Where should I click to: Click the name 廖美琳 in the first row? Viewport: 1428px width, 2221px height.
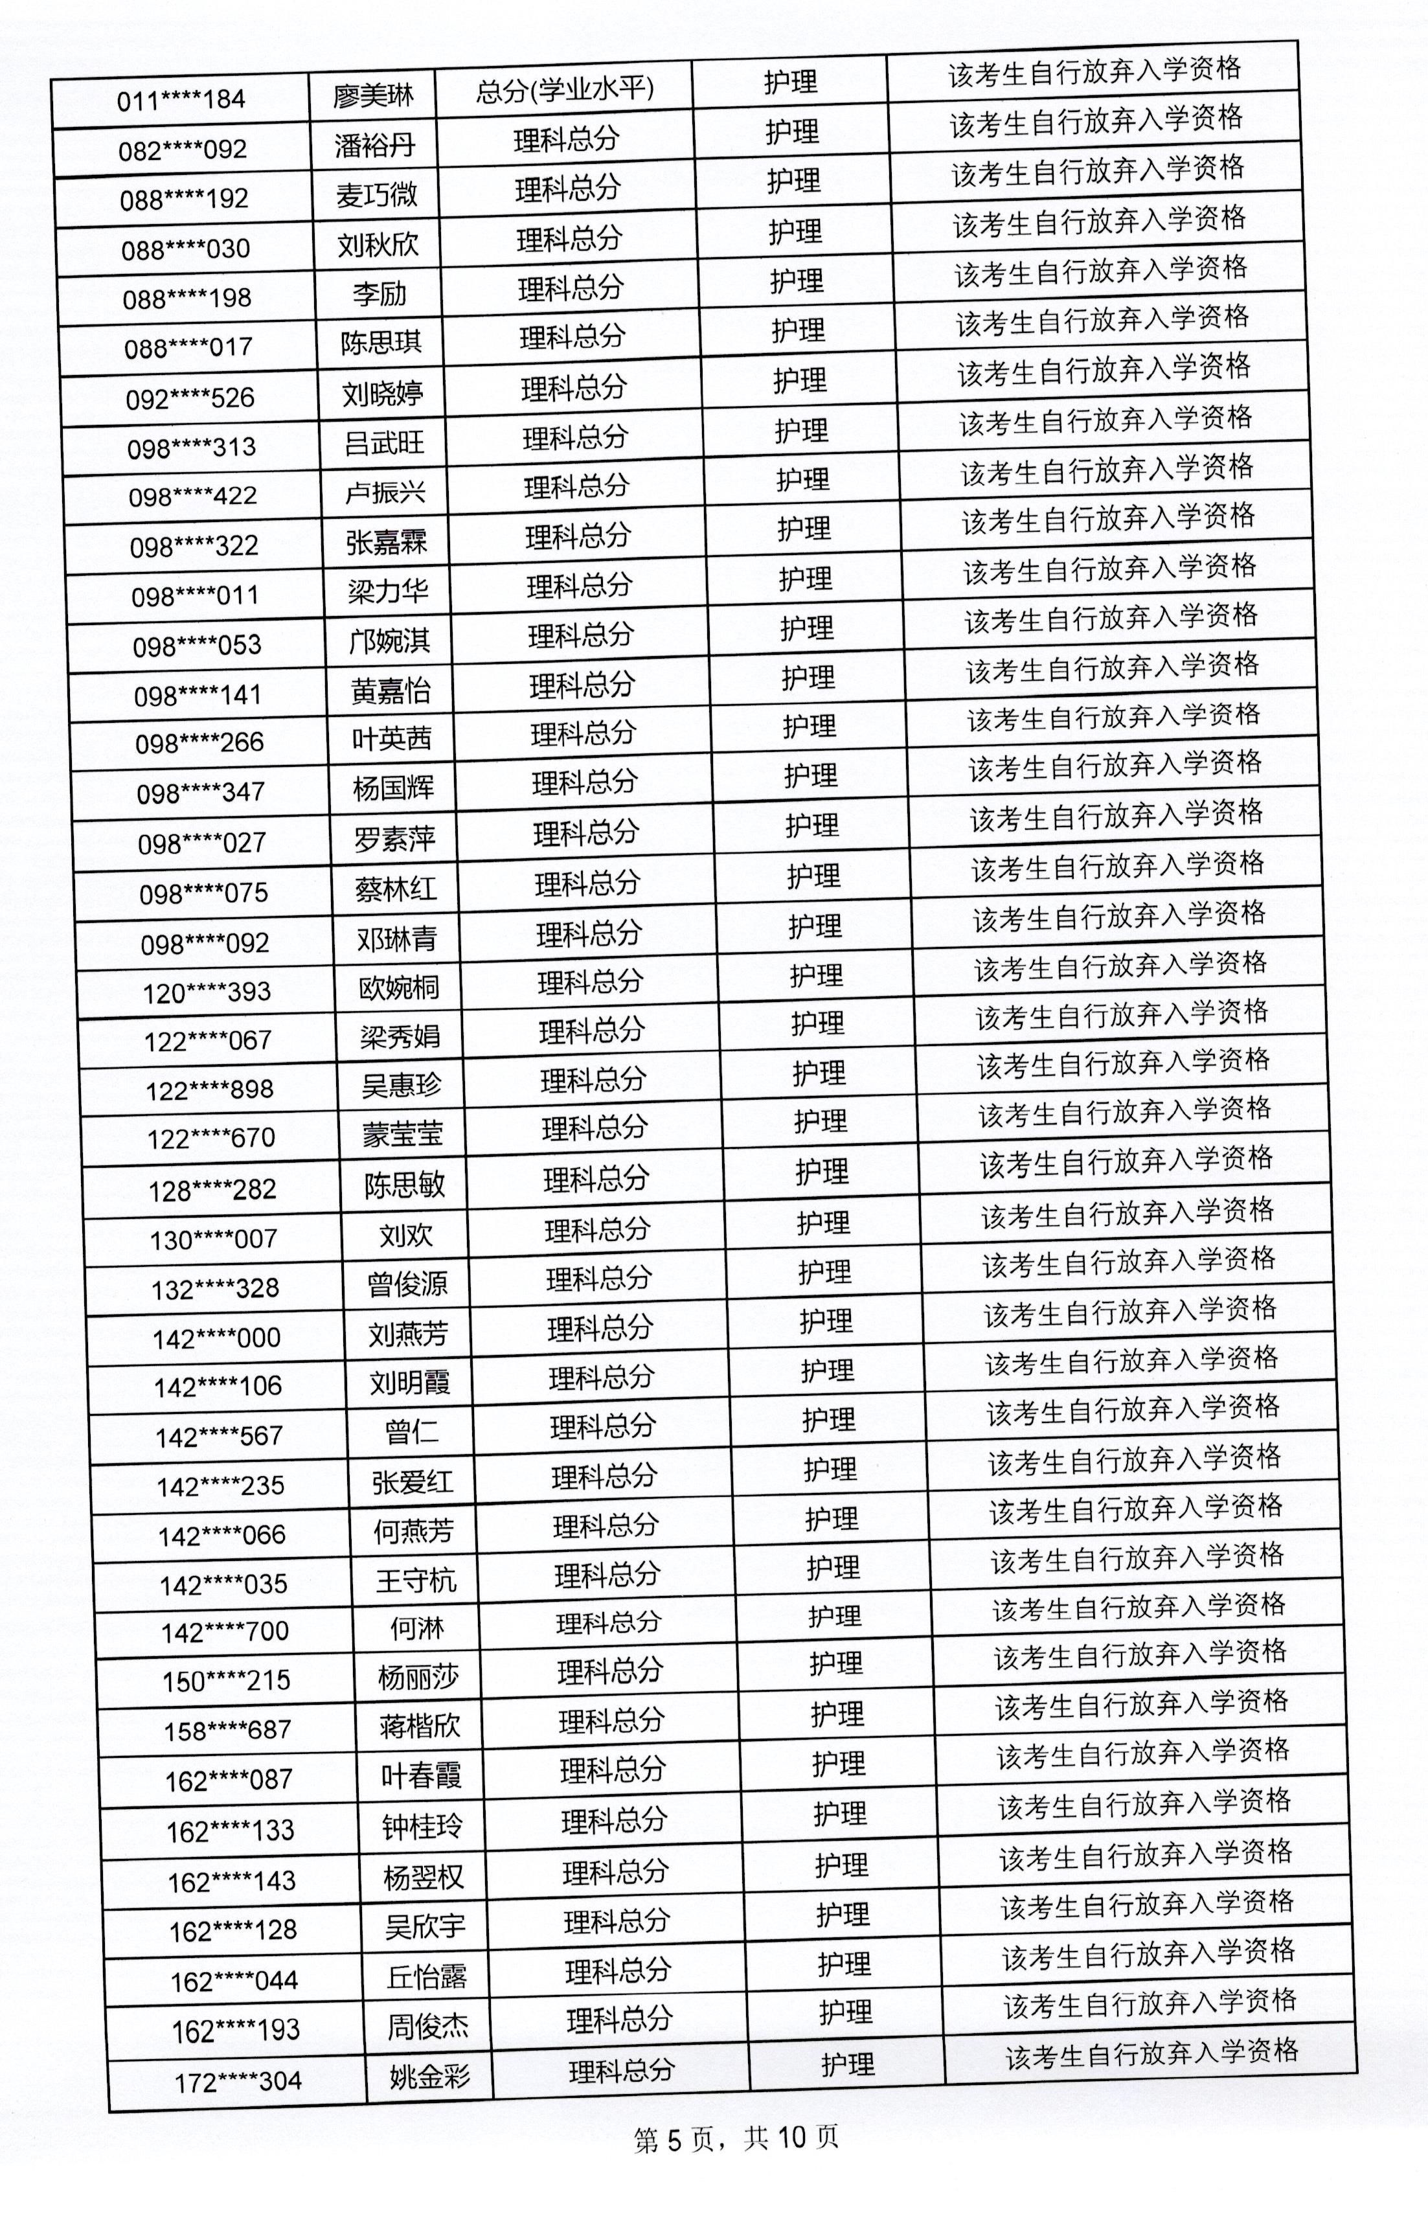pyautogui.click(x=373, y=95)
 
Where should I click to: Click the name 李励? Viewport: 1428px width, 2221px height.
pyautogui.click(x=380, y=294)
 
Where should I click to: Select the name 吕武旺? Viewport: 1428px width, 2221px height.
pyautogui.click(x=384, y=442)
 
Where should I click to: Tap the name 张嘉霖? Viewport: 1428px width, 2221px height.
pyautogui.click(x=387, y=541)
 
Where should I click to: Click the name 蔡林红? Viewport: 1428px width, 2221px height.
pyautogui.click(x=395, y=889)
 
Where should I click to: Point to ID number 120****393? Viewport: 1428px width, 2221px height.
pyautogui.click(x=207, y=993)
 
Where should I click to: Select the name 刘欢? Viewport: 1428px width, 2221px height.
pyautogui.click(x=406, y=1235)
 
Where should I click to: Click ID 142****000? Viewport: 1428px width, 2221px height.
pyautogui.click(x=216, y=1338)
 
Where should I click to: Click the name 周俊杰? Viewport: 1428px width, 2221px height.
pyautogui.click(x=427, y=2026)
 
